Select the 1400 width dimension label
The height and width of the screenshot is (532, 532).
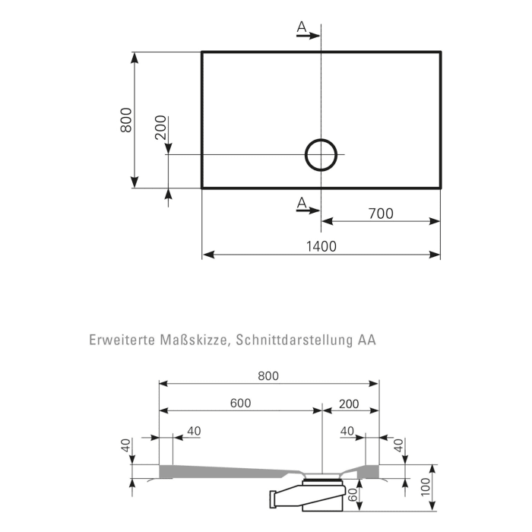click(321, 246)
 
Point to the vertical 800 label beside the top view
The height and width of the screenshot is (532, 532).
click(127, 120)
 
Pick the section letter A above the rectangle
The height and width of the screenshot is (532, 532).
click(302, 28)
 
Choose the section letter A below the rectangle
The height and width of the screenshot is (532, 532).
click(302, 202)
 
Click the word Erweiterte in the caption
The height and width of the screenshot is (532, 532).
click(122, 340)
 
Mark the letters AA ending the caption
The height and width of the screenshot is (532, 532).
click(366, 340)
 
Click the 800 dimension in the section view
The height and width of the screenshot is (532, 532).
click(268, 375)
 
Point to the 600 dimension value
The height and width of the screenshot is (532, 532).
click(240, 403)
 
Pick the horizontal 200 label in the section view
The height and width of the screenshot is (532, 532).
click(350, 403)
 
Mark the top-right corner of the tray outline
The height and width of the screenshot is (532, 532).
click(440, 52)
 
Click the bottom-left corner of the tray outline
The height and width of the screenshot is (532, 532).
click(202, 187)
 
